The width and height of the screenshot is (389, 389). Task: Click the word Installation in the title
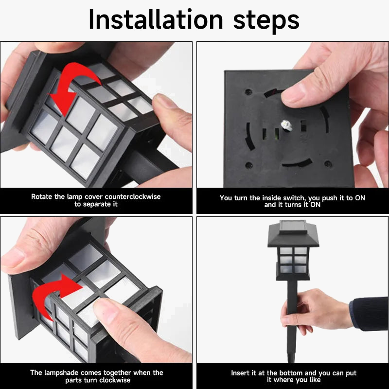pyautogui.click(x=156, y=20)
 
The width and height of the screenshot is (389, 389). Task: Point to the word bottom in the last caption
pyautogui.click(x=290, y=373)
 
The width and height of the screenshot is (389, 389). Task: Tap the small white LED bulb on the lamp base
pyautogui.click(x=286, y=125)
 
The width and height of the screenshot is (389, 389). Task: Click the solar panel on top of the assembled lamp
pyautogui.click(x=293, y=226)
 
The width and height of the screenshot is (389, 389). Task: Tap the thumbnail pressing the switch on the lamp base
pyautogui.click(x=291, y=96)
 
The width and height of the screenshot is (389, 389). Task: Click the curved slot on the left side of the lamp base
pyautogui.click(x=249, y=137)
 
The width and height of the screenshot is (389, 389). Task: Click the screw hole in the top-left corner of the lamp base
pyautogui.click(x=248, y=92)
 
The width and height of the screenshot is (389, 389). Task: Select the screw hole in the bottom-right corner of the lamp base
pyautogui.click(x=328, y=164)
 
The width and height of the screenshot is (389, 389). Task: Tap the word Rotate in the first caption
pyautogui.click(x=42, y=197)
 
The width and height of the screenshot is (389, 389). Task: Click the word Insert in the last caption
pyautogui.click(x=240, y=373)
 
